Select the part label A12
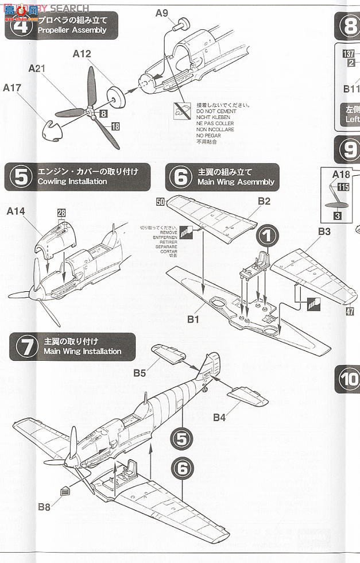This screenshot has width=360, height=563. (x=82, y=54)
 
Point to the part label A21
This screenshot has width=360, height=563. (x=38, y=68)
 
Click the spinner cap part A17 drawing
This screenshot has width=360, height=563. (x=56, y=130)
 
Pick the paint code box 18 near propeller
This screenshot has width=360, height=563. (x=115, y=126)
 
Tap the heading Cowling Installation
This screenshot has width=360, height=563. (x=72, y=182)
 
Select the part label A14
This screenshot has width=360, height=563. (x=16, y=211)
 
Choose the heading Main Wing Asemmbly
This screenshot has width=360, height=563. (x=236, y=182)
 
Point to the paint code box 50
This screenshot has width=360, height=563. (x=160, y=201)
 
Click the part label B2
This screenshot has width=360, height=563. (x=264, y=201)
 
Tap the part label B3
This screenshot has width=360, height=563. (x=324, y=232)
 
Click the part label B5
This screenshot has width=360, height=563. (x=140, y=373)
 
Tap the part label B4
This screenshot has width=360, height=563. (x=219, y=417)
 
